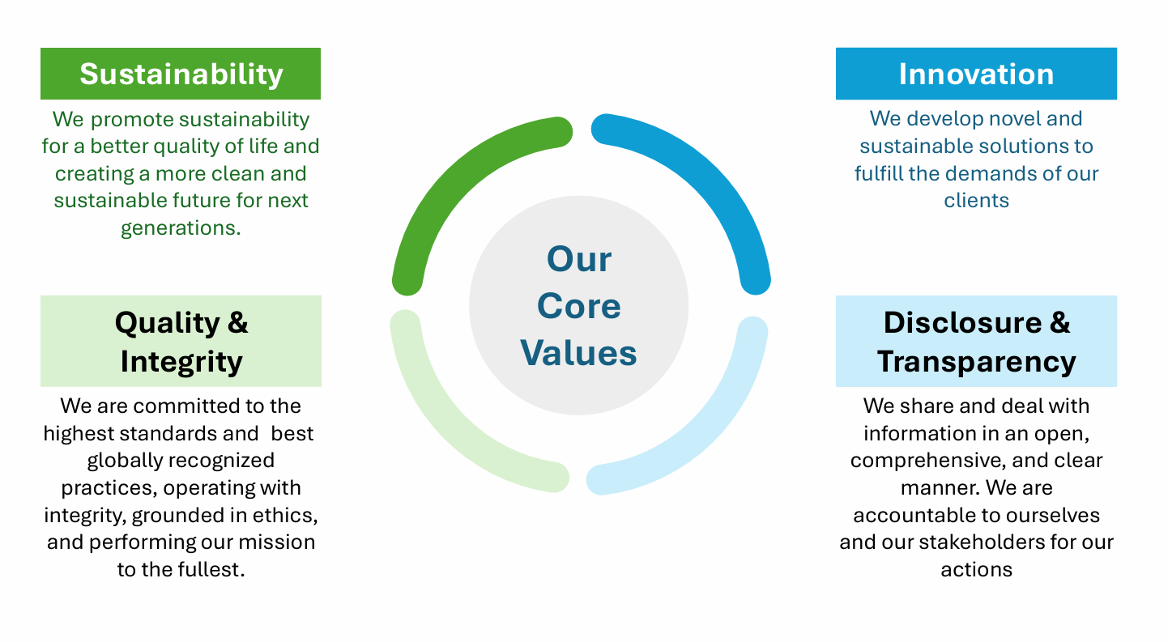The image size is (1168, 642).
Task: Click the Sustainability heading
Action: pyautogui.click(x=181, y=74)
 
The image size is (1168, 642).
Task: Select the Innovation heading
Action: pyautogui.click(x=976, y=74)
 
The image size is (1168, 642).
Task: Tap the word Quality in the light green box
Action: pyautogui.click(x=168, y=324)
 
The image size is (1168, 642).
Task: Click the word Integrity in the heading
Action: pyautogui.click(x=181, y=362)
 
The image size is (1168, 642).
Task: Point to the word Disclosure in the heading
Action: pyautogui.click(x=962, y=322)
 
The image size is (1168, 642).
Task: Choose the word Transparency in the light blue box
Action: pyautogui.click(x=976, y=362)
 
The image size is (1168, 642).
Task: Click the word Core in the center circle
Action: pyautogui.click(x=579, y=306)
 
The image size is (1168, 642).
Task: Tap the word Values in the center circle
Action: pyautogui.click(x=578, y=353)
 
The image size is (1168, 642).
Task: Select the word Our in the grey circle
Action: pyautogui.click(x=579, y=259)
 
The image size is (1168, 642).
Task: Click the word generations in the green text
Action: pyautogui.click(x=177, y=228)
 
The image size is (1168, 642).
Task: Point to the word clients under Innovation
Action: pyautogui.click(x=976, y=201)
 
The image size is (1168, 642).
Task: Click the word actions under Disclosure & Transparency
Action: pyautogui.click(x=976, y=570)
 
